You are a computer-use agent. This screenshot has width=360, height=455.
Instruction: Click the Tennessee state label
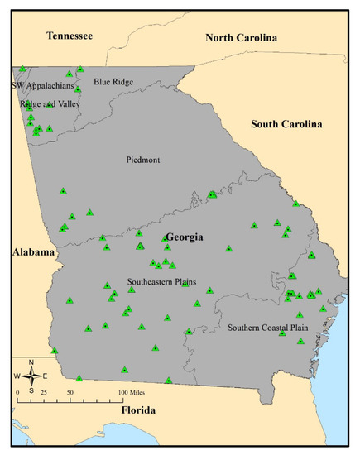click(x=70, y=36)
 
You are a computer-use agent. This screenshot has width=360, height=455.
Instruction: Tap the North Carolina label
click(x=242, y=37)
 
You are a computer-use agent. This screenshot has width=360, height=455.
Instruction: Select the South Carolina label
click(x=286, y=124)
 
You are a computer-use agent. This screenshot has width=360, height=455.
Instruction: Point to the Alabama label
click(x=32, y=251)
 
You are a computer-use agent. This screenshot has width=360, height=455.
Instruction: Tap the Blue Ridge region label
click(x=114, y=82)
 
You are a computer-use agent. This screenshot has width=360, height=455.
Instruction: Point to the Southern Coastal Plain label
click(x=266, y=326)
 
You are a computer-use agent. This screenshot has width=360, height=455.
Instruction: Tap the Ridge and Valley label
click(x=48, y=105)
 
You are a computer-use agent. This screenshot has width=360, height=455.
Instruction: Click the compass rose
click(x=31, y=376)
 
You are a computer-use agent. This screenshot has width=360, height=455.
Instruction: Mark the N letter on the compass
click(x=31, y=363)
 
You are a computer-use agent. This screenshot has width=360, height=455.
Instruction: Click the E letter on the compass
click(x=45, y=376)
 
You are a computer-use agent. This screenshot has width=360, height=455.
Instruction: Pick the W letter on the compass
click(x=17, y=376)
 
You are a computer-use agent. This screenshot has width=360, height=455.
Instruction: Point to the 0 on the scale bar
click(x=17, y=390)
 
